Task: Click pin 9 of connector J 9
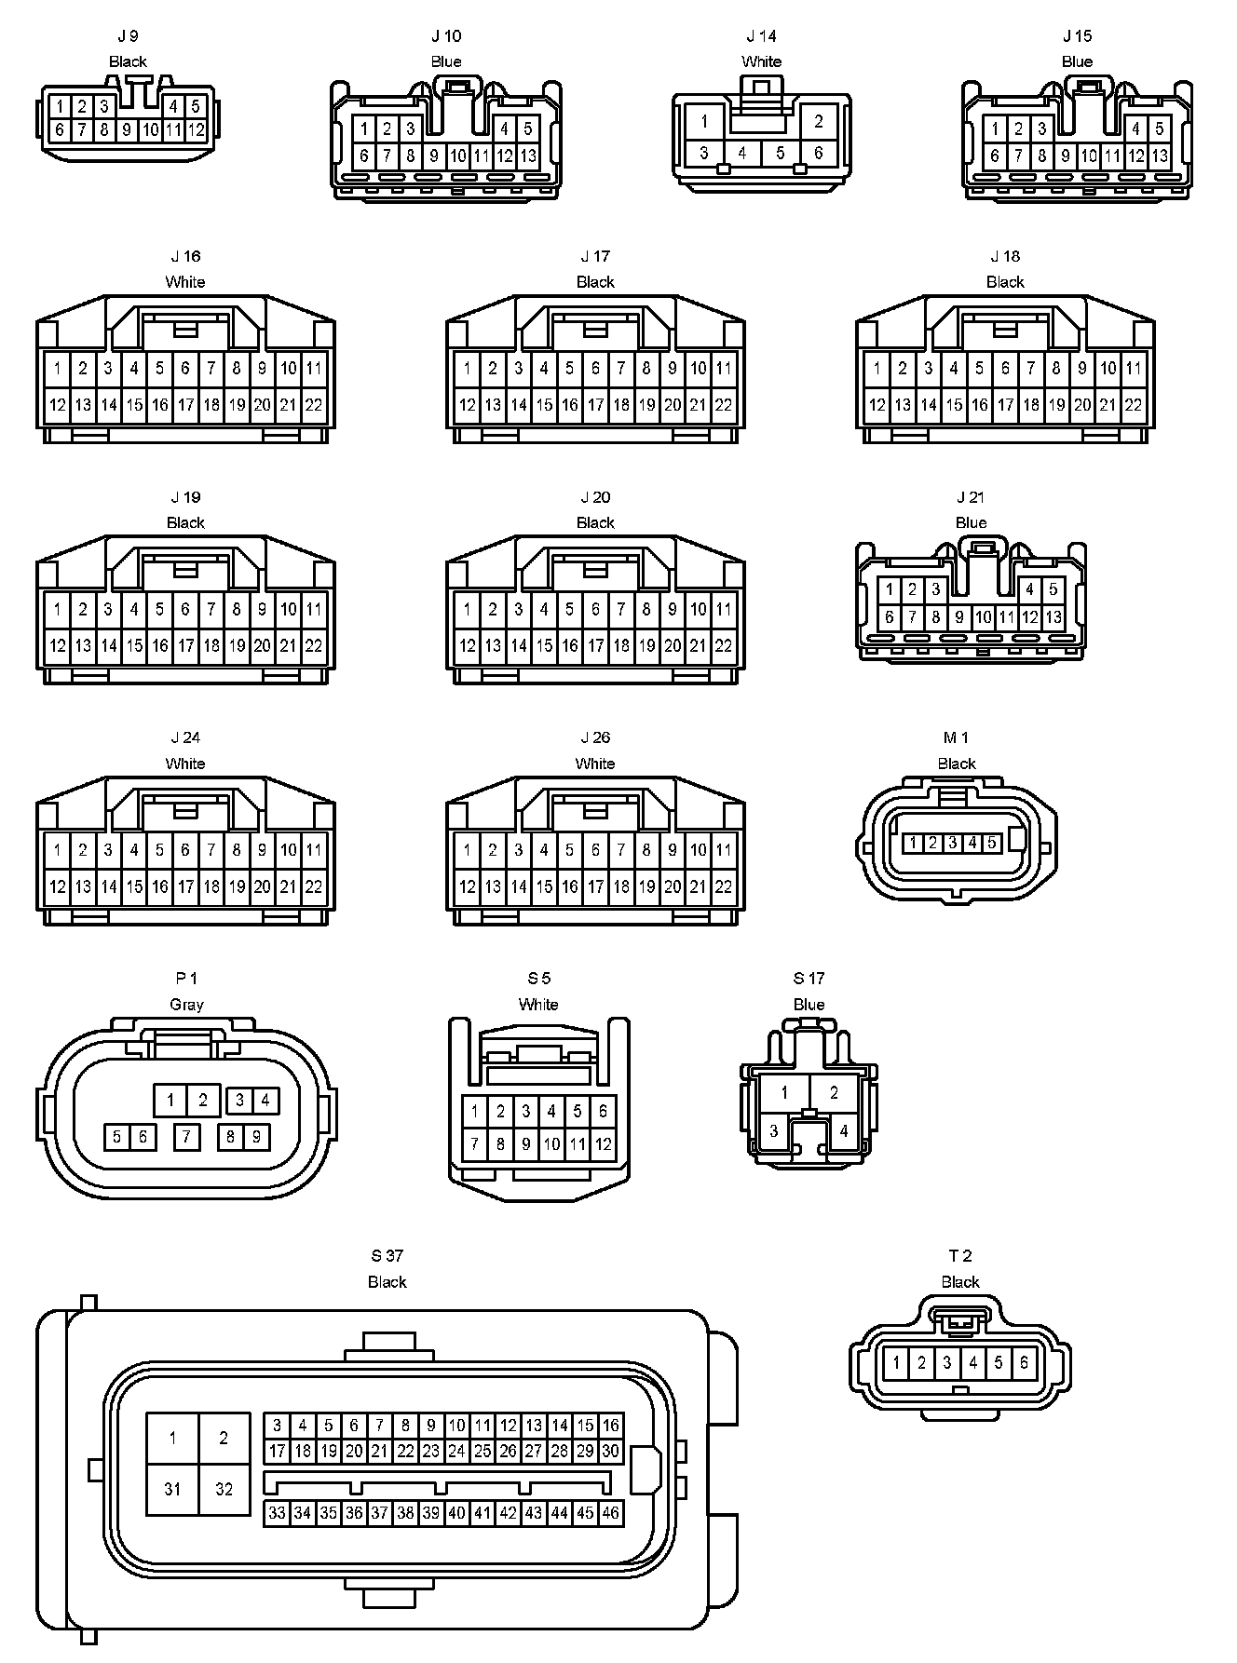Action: point(128,130)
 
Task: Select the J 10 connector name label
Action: point(446,36)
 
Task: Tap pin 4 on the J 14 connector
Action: point(742,153)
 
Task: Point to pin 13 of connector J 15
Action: point(1160,156)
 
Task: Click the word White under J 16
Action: point(185,282)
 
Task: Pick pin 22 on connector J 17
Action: point(724,405)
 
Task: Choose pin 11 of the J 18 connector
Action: point(1134,369)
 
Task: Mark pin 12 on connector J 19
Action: point(57,645)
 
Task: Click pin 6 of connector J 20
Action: point(595,610)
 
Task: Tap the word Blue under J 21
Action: point(971,523)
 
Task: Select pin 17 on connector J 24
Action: point(185,886)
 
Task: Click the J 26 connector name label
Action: point(595,738)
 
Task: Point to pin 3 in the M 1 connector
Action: point(952,844)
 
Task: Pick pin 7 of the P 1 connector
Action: point(187,1137)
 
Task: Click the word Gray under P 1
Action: point(186,1005)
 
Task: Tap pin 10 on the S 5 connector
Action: point(551,1144)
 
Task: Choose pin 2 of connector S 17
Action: point(834,1093)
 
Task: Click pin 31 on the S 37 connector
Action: point(172,1489)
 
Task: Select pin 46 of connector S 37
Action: point(610,1513)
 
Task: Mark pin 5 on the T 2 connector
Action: point(998,1363)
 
